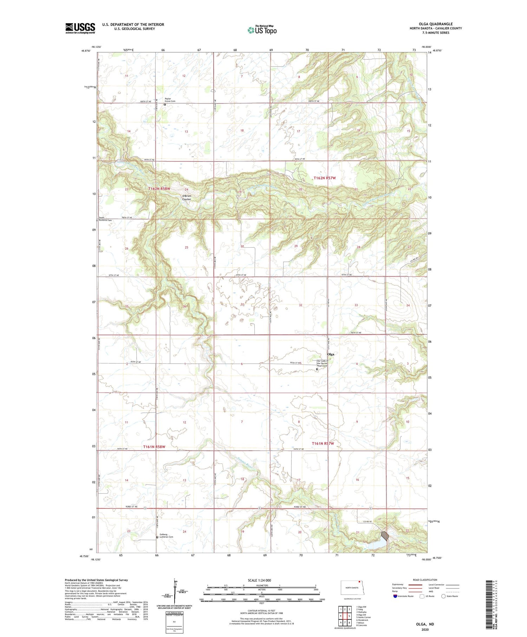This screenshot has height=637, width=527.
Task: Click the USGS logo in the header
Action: (x=80, y=28)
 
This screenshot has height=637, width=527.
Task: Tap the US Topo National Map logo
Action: (x=262, y=30)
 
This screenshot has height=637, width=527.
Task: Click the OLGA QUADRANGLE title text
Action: (x=435, y=24)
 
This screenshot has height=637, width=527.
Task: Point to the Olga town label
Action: (x=331, y=354)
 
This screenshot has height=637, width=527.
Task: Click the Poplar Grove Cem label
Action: (x=170, y=100)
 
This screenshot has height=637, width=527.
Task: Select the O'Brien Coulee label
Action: (x=186, y=197)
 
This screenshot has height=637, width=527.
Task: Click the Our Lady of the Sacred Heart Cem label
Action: (x=322, y=363)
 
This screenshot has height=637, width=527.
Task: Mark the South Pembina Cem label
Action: (x=105, y=219)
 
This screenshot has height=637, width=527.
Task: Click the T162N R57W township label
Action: (x=324, y=178)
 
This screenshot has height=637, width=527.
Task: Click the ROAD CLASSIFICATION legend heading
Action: (x=425, y=580)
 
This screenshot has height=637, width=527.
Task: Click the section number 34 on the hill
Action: (x=408, y=305)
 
